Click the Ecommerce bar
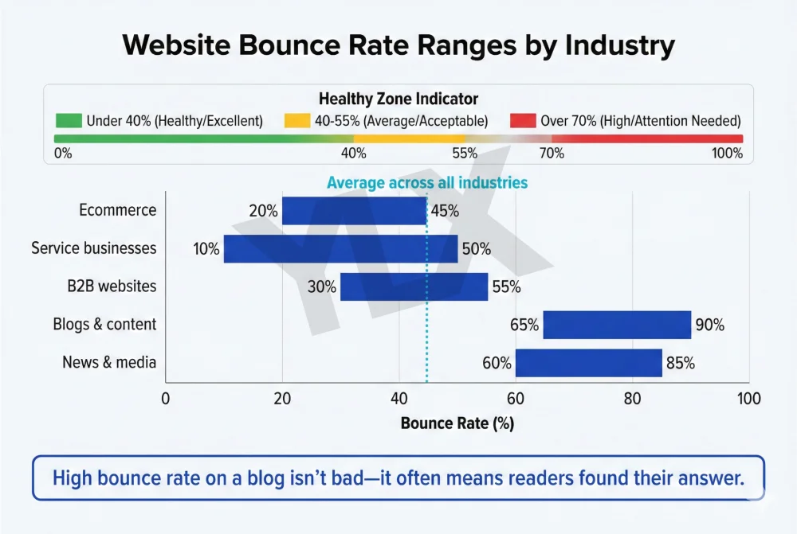click(x=354, y=211)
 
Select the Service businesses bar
click(x=340, y=248)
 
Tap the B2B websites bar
click(x=414, y=286)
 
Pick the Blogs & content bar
click(x=617, y=325)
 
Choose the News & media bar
click(x=588, y=363)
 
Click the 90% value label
click(x=709, y=325)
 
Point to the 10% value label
click(x=206, y=249)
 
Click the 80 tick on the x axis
click(x=632, y=398)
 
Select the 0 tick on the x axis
click(x=166, y=398)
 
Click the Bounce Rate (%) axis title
click(x=457, y=423)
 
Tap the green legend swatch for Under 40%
click(x=69, y=121)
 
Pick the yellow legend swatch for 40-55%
click(x=296, y=121)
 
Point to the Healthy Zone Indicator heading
click(x=398, y=99)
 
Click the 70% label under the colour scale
click(x=552, y=153)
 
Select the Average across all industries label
click(x=427, y=183)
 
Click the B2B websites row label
click(x=112, y=286)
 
